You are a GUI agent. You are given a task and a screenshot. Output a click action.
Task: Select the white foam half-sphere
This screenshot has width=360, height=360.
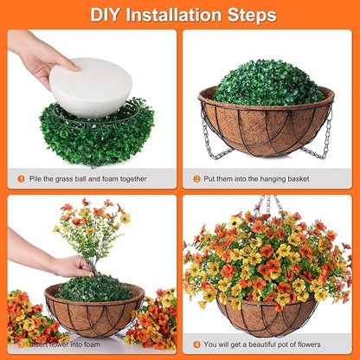pos(90,87)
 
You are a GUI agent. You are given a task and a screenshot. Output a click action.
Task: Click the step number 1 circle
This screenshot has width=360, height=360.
pos(22,179)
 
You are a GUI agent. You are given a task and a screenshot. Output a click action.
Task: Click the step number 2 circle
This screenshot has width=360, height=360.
pos(197,179)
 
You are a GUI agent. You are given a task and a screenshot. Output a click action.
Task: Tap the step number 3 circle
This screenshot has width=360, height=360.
pos(22,344)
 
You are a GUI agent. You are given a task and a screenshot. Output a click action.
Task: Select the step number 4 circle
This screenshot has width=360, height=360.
pos(197,344)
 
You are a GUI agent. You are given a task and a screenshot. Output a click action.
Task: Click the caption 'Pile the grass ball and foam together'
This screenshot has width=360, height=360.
pos(81,179)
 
